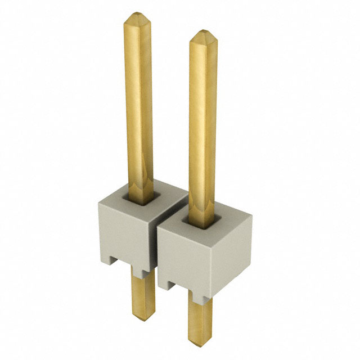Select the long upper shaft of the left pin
(138, 101)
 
